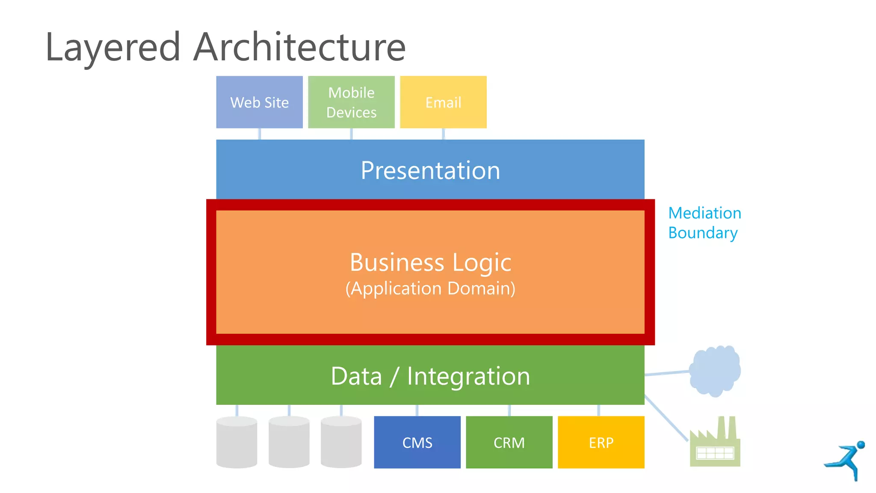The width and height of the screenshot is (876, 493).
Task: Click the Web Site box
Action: [259, 102]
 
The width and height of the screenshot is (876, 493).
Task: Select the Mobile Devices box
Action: [351, 102]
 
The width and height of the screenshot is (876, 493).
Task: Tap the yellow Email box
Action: [443, 102]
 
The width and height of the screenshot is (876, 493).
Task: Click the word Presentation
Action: [430, 170]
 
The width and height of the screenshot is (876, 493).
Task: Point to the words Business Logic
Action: [430, 262]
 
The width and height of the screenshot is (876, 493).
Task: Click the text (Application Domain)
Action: [430, 288]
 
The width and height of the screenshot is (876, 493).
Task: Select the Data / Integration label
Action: [430, 376]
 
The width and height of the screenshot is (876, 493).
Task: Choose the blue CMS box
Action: [417, 442]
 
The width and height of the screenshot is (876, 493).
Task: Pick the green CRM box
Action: [509, 442]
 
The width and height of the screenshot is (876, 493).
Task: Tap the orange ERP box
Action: [601, 442]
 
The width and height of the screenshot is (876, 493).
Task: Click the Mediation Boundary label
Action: [704, 223]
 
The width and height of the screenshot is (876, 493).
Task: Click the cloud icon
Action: [715, 371]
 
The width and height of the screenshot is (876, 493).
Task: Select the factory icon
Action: [715, 445]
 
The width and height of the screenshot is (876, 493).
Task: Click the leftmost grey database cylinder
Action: [237, 442]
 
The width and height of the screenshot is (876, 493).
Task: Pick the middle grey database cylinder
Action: [289, 442]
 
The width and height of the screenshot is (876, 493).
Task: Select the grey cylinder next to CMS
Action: [341, 442]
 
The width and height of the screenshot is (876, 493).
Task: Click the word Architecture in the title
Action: [299, 47]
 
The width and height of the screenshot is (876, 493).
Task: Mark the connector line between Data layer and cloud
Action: [667, 373]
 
